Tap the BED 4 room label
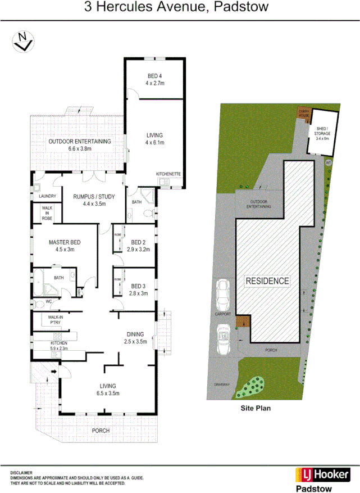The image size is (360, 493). click(x=155, y=76)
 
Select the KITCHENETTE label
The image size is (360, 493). click(x=168, y=174)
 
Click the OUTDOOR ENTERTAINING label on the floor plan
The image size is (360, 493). click(x=79, y=142)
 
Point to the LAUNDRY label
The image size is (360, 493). click(x=48, y=196)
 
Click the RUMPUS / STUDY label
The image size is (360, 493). click(x=94, y=197)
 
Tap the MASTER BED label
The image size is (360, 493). click(x=65, y=242)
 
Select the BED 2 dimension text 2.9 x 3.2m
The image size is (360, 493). click(x=138, y=250)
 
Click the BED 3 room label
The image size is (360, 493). click(x=138, y=286)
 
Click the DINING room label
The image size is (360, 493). click(x=135, y=333)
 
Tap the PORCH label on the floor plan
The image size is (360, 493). click(x=101, y=431)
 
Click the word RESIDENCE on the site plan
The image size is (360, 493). click(x=267, y=281)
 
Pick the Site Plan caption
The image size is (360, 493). click(x=256, y=409)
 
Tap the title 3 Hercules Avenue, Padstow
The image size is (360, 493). click(x=176, y=7)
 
